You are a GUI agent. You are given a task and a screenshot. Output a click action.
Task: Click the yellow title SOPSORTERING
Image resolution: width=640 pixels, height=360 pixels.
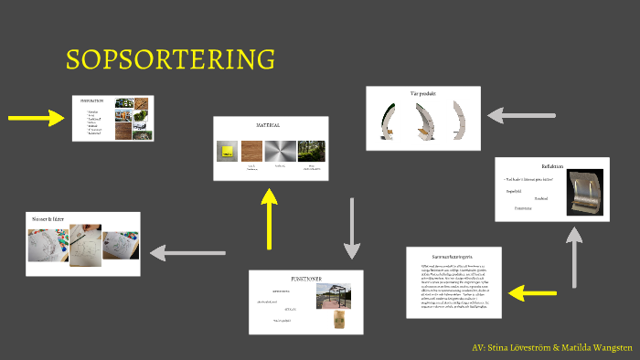(170, 60)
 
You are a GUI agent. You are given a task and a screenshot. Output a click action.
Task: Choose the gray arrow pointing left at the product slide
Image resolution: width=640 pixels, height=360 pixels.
(521, 116)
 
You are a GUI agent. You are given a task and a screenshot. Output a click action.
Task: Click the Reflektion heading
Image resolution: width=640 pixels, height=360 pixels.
(552, 166)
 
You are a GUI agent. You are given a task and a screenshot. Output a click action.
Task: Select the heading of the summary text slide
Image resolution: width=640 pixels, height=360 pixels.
(453, 257)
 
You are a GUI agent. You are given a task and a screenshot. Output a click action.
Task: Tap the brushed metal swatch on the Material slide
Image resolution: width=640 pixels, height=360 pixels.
(280, 152)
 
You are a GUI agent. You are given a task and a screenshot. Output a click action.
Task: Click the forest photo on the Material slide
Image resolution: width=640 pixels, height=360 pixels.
(312, 152)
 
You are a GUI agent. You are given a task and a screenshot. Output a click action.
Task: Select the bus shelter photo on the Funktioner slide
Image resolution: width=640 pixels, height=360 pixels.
(333, 296)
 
